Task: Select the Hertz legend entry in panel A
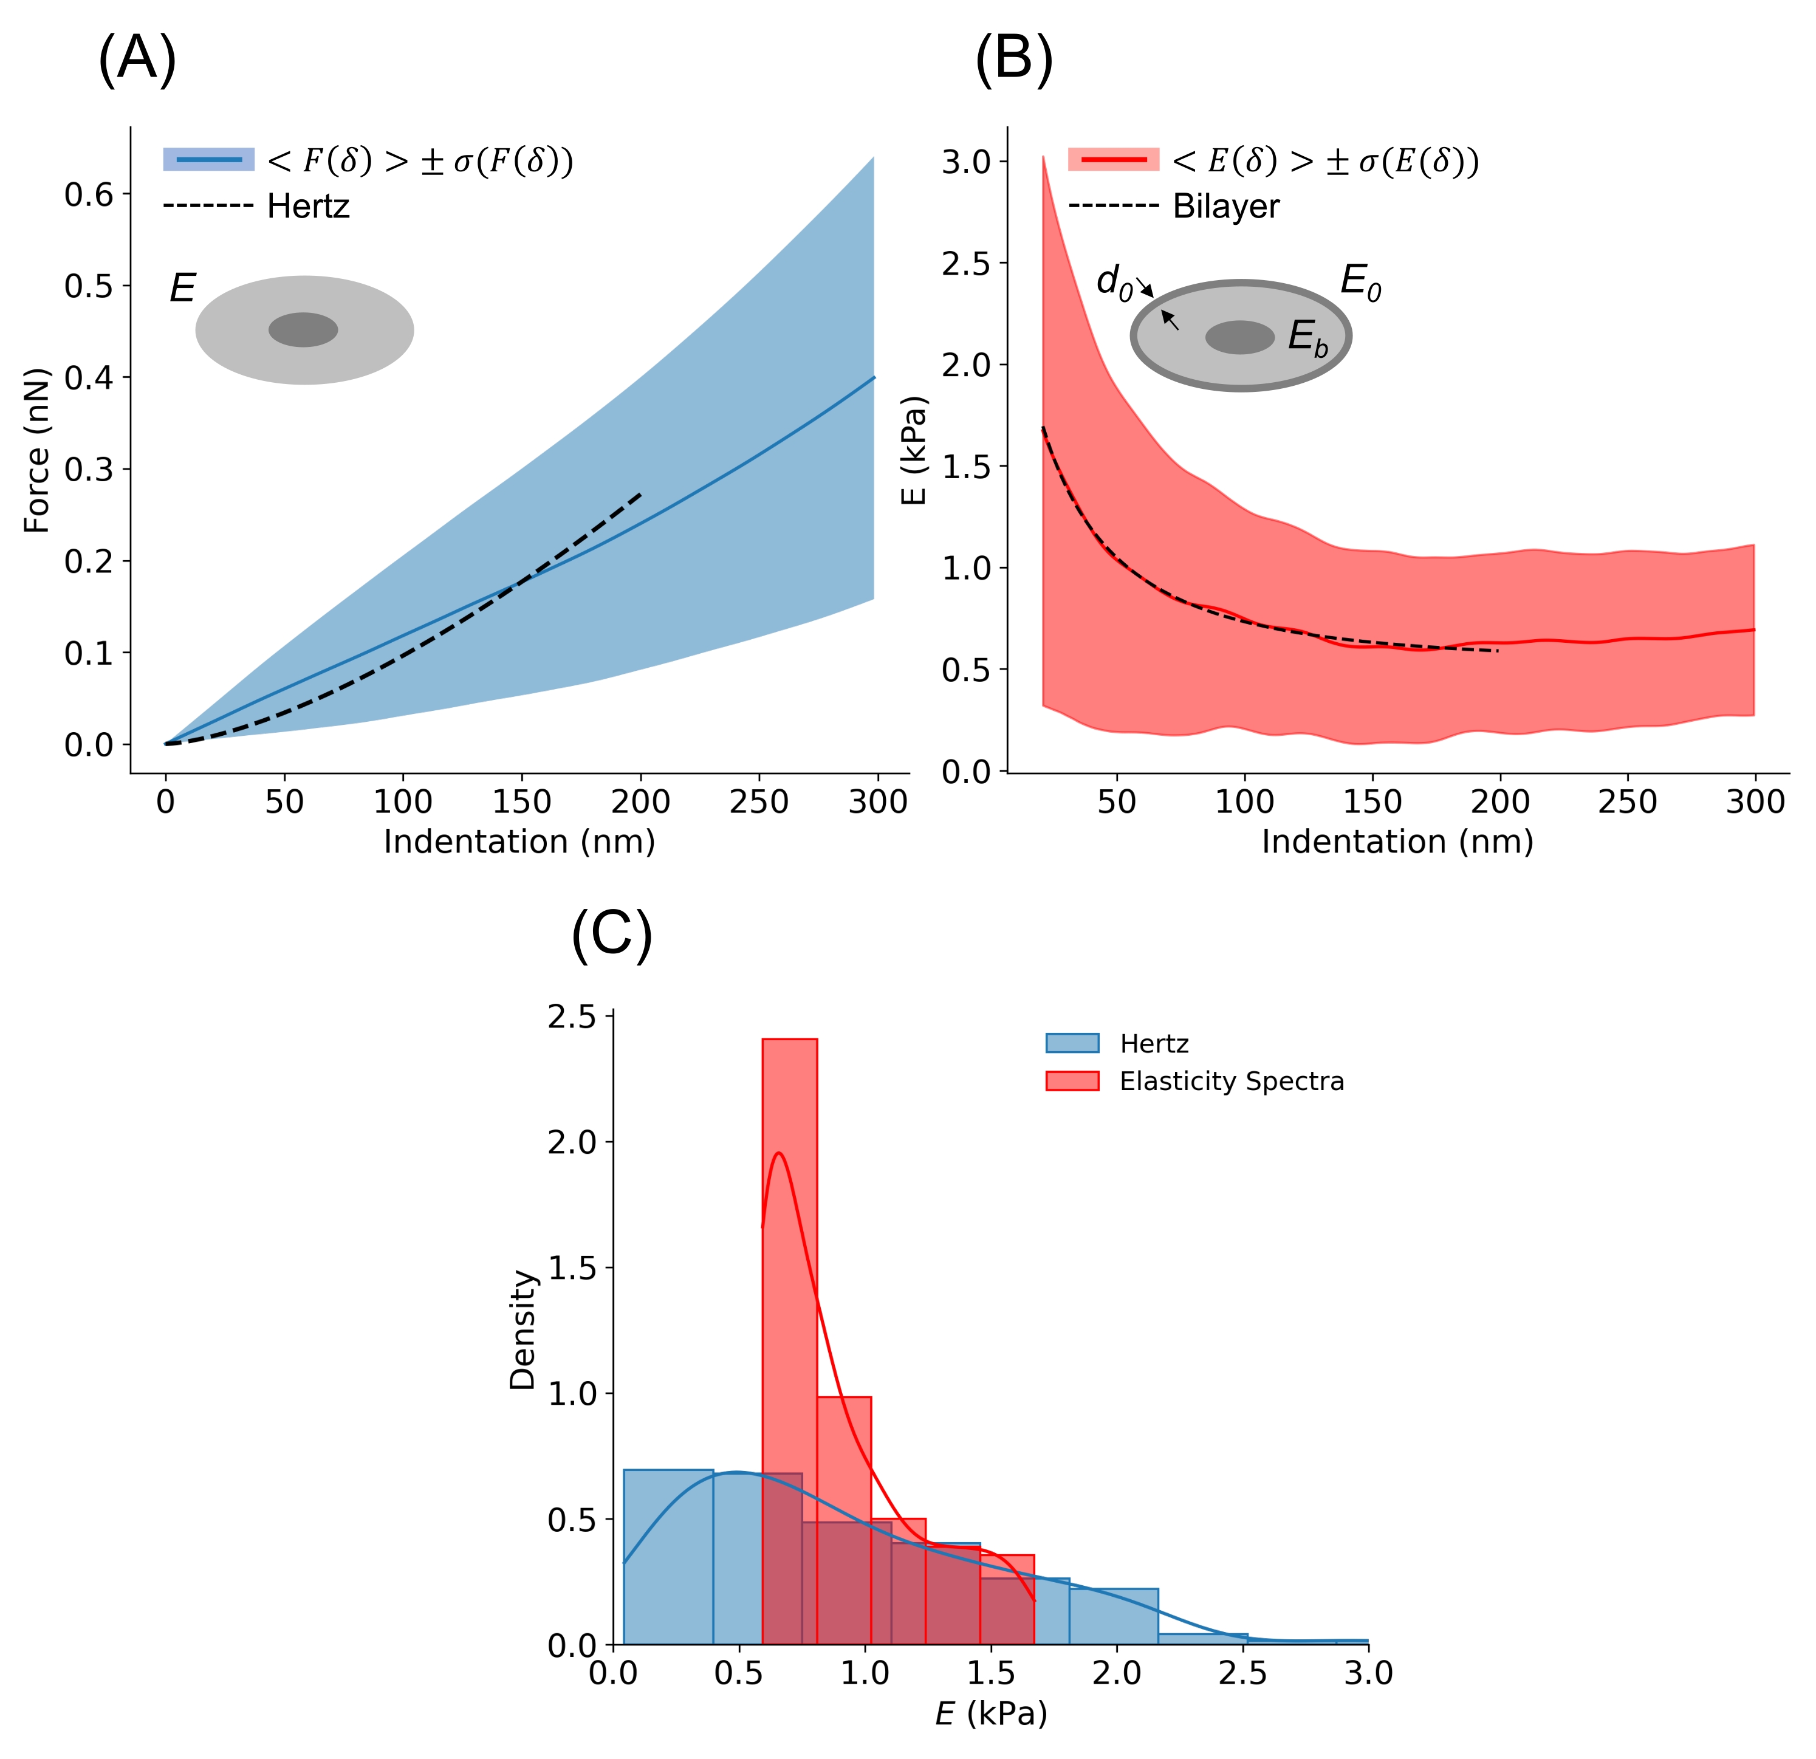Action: point(307,206)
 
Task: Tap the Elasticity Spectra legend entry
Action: point(1232,1082)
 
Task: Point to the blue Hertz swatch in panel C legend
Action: point(1072,1043)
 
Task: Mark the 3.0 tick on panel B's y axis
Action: point(967,162)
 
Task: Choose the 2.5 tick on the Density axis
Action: point(572,1018)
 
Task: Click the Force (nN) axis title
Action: point(37,451)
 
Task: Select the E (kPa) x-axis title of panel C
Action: point(990,1713)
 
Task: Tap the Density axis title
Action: point(523,1330)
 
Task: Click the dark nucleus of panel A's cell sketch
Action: point(303,330)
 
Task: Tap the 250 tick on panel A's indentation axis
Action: point(759,801)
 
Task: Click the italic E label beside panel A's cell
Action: point(182,289)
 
